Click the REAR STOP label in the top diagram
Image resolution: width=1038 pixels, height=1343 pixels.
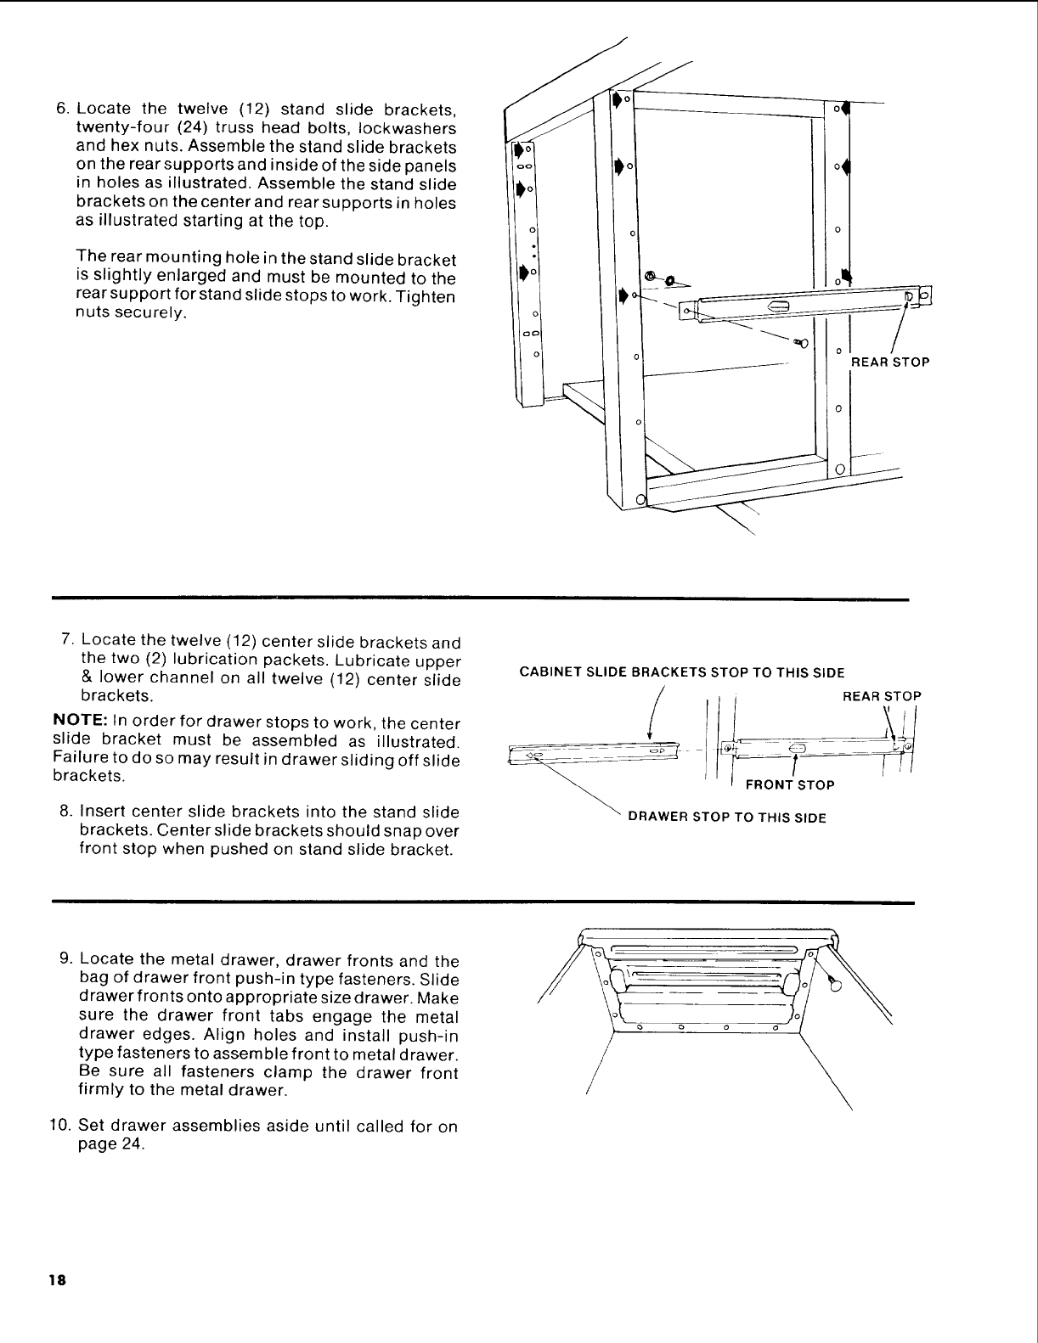coord(890,362)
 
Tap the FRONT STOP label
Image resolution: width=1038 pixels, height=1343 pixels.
coord(789,785)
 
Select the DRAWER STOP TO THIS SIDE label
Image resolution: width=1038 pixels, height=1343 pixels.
coord(726,818)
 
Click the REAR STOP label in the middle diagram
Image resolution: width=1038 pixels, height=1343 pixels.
coord(881,696)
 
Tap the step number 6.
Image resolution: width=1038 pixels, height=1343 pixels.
coord(62,110)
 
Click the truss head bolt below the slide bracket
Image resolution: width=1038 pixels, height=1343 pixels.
coord(799,340)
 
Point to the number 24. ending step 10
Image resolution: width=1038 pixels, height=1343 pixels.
coord(132,1144)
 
